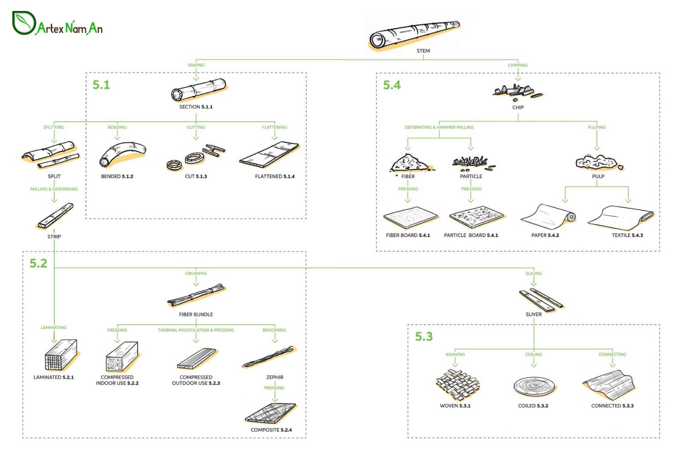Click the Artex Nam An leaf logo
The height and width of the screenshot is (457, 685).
(x=24, y=23)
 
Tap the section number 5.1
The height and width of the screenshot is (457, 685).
(x=101, y=85)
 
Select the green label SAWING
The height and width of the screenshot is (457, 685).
(x=196, y=65)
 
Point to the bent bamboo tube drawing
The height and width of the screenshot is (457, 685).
(x=122, y=154)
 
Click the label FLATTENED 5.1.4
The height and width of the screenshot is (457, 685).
(x=274, y=176)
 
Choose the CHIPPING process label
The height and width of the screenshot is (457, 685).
(x=517, y=65)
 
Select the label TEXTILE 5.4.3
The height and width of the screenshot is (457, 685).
(x=627, y=235)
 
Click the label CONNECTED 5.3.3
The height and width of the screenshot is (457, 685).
(x=612, y=406)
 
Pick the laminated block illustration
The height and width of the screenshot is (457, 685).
(x=61, y=355)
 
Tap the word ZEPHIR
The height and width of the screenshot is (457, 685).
(x=274, y=377)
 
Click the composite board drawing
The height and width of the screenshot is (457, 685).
(x=270, y=413)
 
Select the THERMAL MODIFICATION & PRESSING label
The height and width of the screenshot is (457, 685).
(x=196, y=330)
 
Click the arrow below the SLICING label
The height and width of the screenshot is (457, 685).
(x=533, y=282)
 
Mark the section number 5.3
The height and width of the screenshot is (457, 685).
(x=423, y=337)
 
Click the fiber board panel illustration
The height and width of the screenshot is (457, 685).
(x=410, y=217)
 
